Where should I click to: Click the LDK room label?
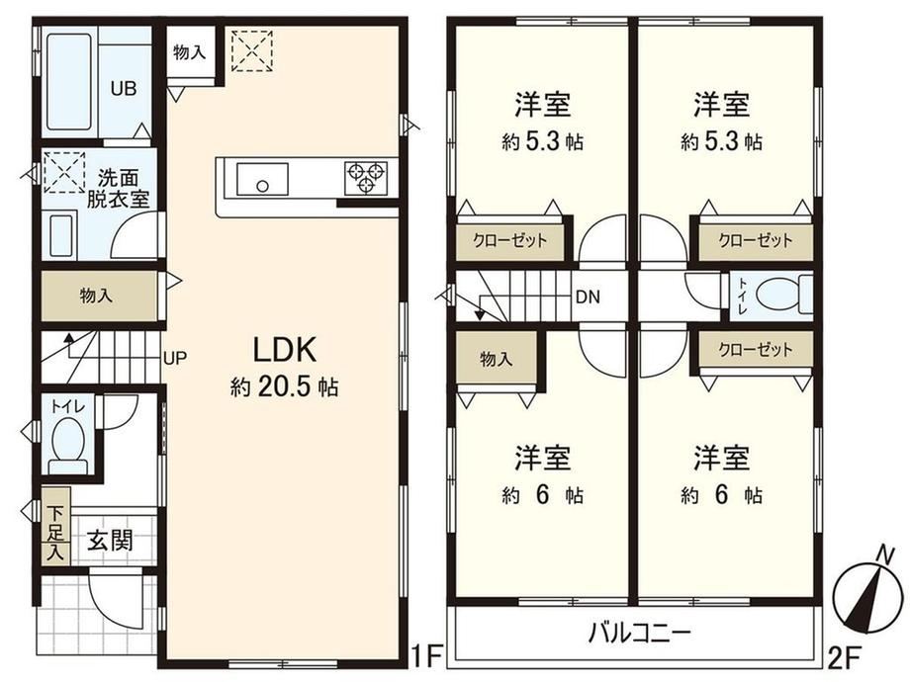(285, 350)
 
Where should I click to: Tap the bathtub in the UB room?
(69, 81)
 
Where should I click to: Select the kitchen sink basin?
(262, 179)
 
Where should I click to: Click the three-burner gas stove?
(366, 178)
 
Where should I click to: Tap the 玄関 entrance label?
(110, 541)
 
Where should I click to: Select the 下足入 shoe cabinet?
(55, 534)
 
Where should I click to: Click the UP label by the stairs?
(175, 358)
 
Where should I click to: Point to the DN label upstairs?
(588, 298)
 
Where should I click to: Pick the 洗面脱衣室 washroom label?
(118, 189)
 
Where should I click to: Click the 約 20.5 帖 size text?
(285, 386)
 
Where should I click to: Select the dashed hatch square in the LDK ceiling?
(252, 51)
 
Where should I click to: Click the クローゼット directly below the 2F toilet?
(755, 349)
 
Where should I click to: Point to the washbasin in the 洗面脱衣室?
(60, 236)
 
